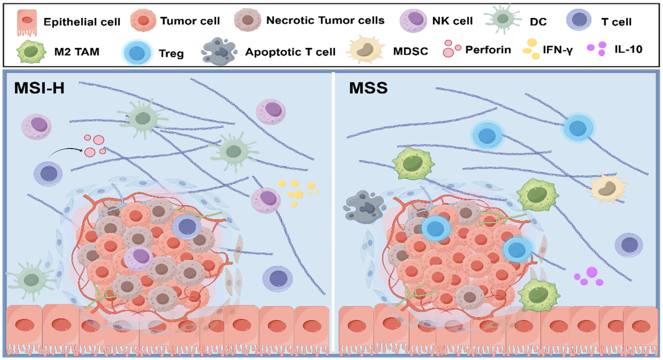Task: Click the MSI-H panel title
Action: (x=39, y=88)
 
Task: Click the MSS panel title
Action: (x=368, y=88)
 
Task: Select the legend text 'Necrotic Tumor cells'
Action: (x=325, y=20)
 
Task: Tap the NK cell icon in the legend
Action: (x=413, y=21)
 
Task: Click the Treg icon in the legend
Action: (x=137, y=52)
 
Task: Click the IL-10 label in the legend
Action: (x=628, y=49)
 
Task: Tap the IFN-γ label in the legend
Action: (x=558, y=50)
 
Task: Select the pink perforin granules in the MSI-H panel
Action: (x=95, y=146)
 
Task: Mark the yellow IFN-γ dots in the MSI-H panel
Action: (x=299, y=192)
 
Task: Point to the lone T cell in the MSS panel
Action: (x=628, y=245)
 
